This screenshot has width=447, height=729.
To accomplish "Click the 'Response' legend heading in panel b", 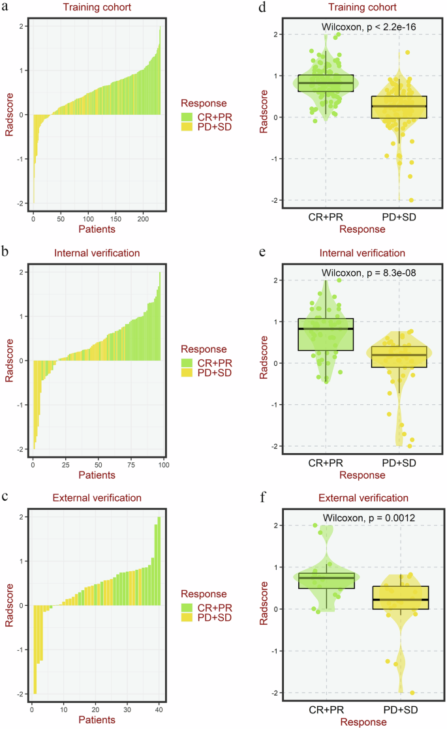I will (x=205, y=349).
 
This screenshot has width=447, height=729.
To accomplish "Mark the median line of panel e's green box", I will (x=326, y=329).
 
